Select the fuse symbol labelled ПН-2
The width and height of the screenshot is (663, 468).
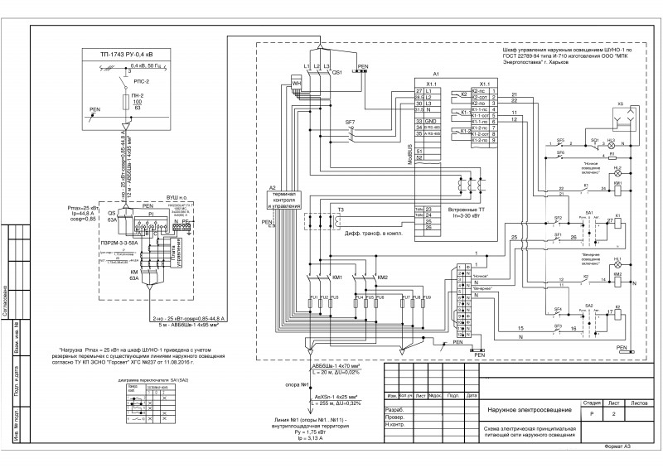tap(126, 101)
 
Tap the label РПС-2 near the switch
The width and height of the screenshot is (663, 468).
tap(143, 83)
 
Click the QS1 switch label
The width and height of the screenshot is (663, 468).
tap(337, 73)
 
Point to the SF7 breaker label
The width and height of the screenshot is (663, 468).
tap(350, 123)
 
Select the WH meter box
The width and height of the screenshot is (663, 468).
tap(297, 84)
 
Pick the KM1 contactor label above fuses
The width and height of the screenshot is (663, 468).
tap(336, 277)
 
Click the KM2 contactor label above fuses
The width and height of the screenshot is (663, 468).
tap(382, 277)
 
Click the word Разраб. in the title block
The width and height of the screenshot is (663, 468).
tap(395, 410)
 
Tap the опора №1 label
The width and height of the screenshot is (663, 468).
tap(299, 384)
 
